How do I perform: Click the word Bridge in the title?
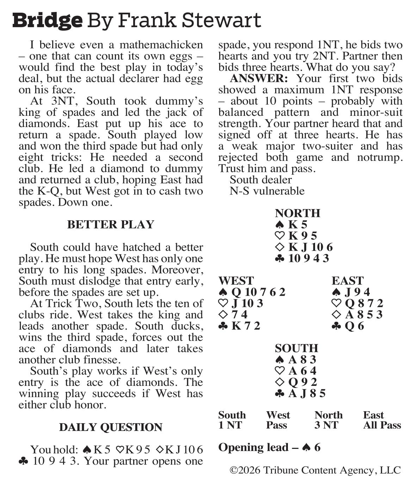point(47,20)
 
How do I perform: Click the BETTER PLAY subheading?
point(111,225)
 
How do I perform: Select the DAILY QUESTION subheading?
point(111,427)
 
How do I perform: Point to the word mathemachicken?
point(161,45)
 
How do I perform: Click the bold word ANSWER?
point(259,79)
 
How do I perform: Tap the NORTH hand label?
point(297,213)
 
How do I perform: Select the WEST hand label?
point(236,281)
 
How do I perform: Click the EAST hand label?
point(347,281)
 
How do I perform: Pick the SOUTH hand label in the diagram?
point(296,349)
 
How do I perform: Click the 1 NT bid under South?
point(230,425)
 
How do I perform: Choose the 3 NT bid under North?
point(326,425)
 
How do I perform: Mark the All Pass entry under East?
point(382,425)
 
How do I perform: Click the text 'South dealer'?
point(260,180)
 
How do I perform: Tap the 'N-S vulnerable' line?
point(267,191)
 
